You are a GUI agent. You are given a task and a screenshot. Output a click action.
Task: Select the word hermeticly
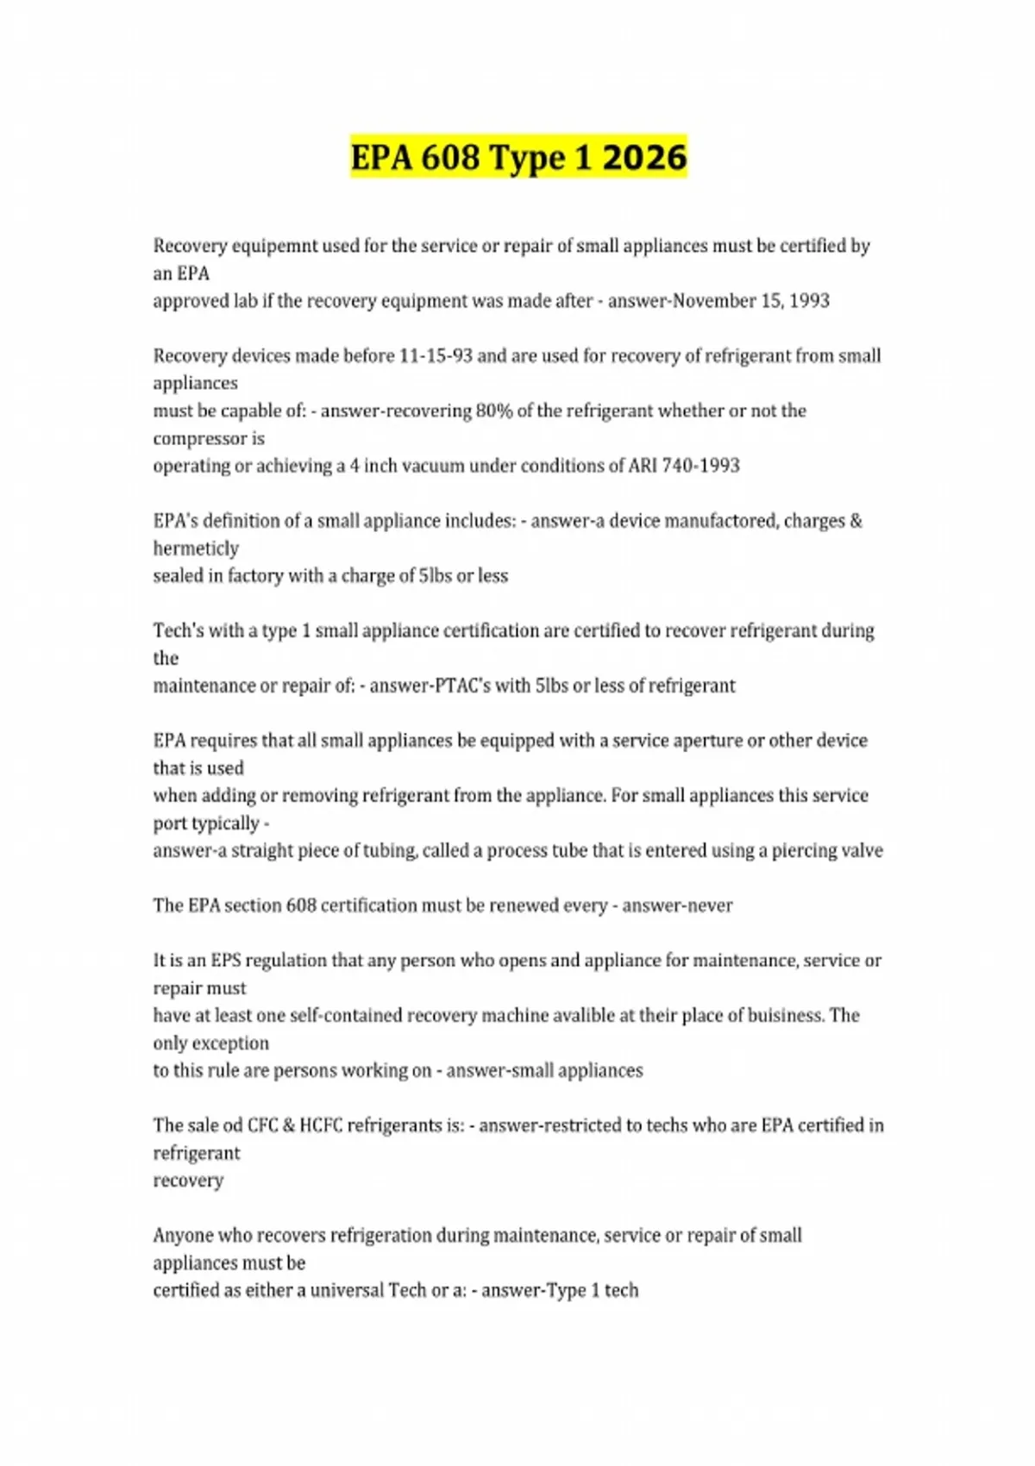click(196, 548)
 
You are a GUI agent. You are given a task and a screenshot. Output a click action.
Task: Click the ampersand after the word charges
click(856, 521)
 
